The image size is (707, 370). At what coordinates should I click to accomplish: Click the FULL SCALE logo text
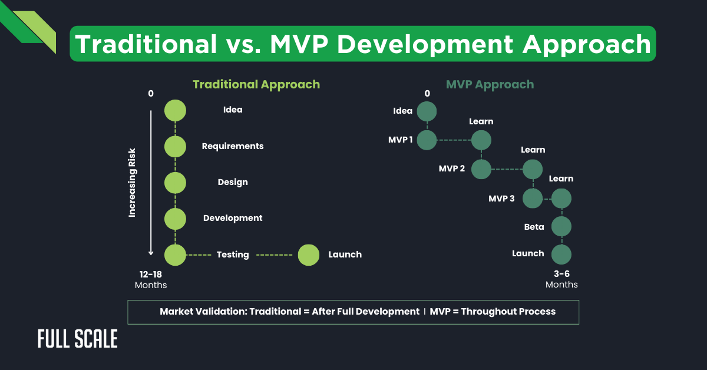click(77, 339)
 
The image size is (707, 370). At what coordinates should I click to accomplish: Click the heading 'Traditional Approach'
click(256, 84)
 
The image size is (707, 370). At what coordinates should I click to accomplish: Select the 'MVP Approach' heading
click(490, 84)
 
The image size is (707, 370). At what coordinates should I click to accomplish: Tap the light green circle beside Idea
click(175, 110)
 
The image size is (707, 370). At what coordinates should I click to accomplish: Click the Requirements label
click(233, 146)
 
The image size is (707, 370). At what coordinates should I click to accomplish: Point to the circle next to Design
click(175, 183)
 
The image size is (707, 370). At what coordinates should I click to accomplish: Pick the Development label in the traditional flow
click(233, 218)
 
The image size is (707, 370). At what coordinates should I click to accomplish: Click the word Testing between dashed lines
click(233, 255)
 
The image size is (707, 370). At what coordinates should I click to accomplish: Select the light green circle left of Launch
click(308, 255)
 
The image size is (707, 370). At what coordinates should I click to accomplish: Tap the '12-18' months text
click(151, 275)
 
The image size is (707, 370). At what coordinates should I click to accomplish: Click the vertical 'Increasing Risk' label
click(133, 183)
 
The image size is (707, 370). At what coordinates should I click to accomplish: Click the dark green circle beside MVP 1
click(427, 140)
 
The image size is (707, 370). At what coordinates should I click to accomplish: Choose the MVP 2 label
click(451, 169)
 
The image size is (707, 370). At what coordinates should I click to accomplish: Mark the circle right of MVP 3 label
click(533, 199)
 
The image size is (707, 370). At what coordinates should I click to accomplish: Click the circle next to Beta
click(561, 226)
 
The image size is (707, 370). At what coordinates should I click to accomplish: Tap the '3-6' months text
click(561, 274)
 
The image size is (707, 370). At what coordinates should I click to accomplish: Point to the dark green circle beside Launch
click(561, 255)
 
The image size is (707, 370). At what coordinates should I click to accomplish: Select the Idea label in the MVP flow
click(403, 111)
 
